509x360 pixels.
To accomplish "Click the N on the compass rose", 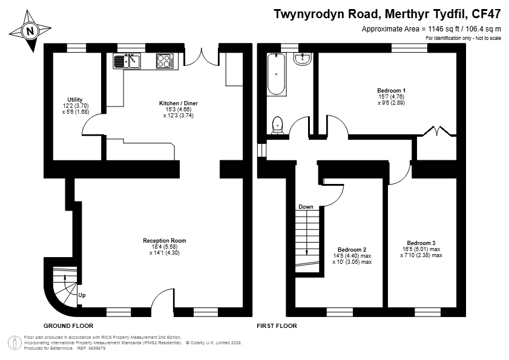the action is [x=30, y=31].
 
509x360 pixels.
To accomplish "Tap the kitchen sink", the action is [x=127, y=61].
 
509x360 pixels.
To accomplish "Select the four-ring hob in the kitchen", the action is [x=165, y=61].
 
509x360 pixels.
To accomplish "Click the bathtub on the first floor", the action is [x=276, y=74].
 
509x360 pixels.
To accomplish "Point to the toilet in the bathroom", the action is [x=277, y=126].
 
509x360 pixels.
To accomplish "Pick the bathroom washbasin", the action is [x=303, y=59].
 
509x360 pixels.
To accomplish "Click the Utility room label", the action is [x=75, y=100].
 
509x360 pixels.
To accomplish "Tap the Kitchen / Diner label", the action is [x=178, y=103].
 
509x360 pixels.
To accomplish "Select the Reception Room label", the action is [x=165, y=241].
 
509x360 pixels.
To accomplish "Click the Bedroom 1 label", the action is [x=391, y=91].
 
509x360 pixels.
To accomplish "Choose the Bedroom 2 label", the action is [x=352, y=250].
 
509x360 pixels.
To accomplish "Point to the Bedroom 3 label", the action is [x=421, y=243].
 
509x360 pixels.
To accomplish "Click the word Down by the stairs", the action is [x=306, y=207].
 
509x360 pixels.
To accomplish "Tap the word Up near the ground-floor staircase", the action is [x=82, y=295].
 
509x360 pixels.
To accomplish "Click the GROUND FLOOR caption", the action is [x=68, y=326].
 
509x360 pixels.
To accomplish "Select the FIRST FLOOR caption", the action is [x=277, y=326].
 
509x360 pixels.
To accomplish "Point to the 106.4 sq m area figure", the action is [x=484, y=29].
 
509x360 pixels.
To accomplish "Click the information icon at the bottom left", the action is [x=15, y=344].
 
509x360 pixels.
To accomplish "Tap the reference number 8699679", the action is [x=97, y=349].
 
